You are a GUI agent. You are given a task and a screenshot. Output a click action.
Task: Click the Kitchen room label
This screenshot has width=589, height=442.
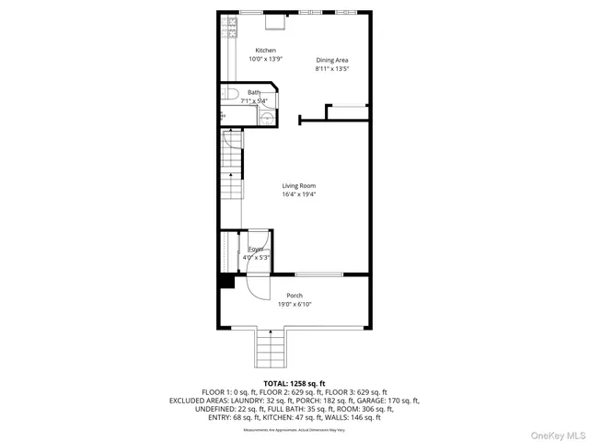click(265, 51)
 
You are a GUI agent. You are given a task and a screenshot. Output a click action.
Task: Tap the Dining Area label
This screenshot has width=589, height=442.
click(331, 60)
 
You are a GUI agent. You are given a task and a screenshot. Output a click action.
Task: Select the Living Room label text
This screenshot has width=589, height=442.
click(298, 186)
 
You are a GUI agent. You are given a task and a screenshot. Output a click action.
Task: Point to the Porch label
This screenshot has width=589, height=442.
click(294, 296)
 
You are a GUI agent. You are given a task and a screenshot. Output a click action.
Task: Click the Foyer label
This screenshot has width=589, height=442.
click(255, 250)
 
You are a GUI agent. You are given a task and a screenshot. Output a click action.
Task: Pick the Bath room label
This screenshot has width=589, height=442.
click(253, 92)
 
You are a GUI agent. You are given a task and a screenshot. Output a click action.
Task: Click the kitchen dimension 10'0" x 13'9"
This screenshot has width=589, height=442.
click(265, 59)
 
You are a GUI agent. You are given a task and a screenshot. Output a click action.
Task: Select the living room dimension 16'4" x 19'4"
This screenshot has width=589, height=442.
click(298, 194)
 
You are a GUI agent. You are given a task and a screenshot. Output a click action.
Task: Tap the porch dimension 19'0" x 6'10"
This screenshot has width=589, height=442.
click(294, 304)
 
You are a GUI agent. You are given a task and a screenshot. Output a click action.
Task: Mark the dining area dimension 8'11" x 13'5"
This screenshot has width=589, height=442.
click(331, 68)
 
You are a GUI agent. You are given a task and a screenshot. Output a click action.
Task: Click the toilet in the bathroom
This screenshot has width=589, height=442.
click(230, 93)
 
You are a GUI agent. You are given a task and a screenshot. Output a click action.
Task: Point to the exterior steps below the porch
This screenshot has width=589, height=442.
click(270, 349)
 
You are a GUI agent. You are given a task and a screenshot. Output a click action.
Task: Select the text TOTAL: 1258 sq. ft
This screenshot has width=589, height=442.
click(294, 383)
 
